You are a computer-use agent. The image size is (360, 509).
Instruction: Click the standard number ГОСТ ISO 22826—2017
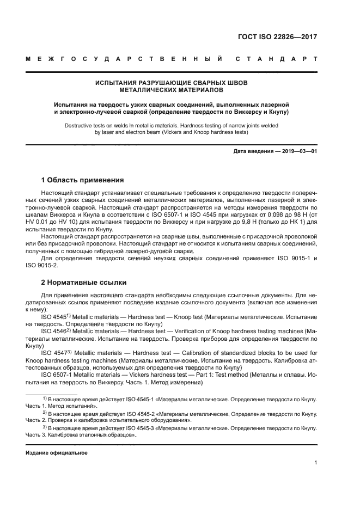click(x=277, y=38)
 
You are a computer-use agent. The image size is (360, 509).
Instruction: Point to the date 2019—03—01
click(x=296, y=151)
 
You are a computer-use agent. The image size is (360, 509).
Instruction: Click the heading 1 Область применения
click(x=83, y=180)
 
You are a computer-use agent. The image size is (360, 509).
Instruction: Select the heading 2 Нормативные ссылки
click(x=84, y=283)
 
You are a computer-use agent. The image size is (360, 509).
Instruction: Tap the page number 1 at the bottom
click(x=315, y=463)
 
